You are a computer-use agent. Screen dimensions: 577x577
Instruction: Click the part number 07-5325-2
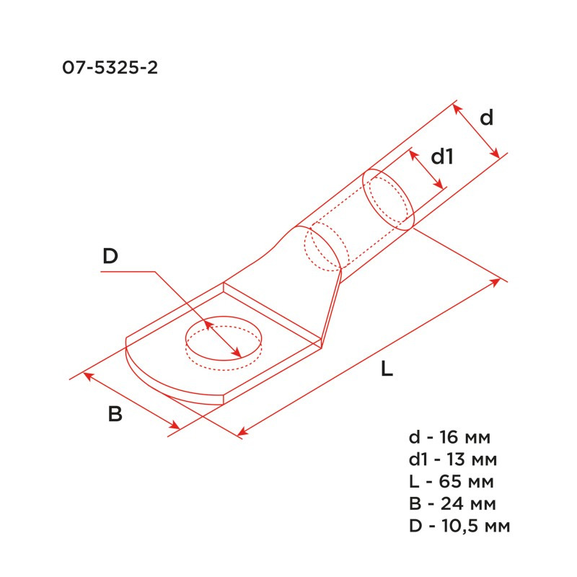click(x=110, y=69)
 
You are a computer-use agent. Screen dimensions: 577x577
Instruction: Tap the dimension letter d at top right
click(x=487, y=118)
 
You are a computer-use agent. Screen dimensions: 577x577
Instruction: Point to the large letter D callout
click(x=110, y=256)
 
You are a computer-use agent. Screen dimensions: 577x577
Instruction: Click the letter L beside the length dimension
click(x=387, y=369)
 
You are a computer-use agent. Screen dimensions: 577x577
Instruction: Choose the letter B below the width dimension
click(x=115, y=415)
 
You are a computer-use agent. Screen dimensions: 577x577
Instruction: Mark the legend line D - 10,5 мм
click(x=459, y=526)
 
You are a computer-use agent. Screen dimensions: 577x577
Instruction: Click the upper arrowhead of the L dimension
click(x=495, y=280)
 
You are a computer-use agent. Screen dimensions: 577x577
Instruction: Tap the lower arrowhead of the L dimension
click(x=242, y=433)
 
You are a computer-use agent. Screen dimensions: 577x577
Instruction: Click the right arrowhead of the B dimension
click(x=175, y=426)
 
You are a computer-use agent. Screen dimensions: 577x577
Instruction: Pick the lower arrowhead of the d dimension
click(x=495, y=154)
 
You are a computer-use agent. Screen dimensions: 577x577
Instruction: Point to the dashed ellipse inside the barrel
click(x=322, y=249)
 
